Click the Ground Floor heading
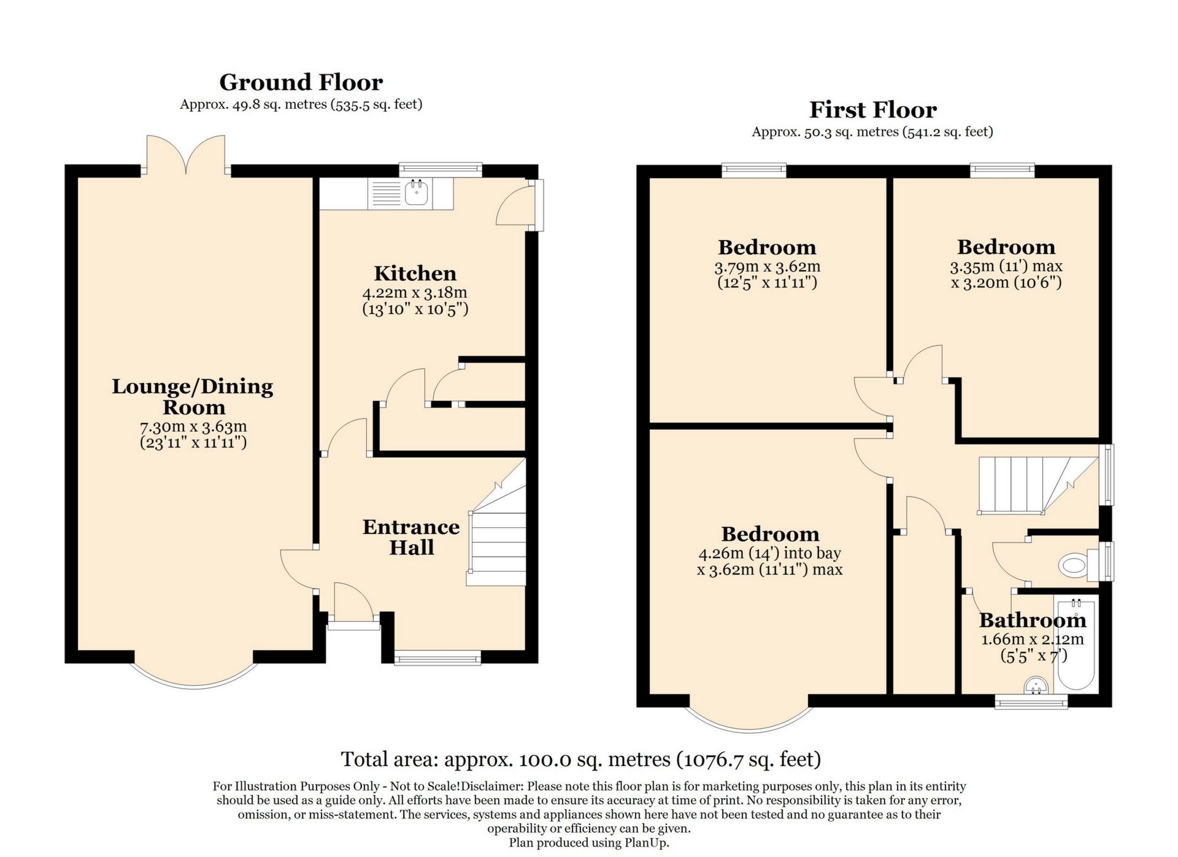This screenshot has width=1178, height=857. (x=301, y=82)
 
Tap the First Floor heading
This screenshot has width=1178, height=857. (x=872, y=110)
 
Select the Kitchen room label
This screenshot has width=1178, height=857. (x=415, y=273)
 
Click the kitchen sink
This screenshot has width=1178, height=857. (x=417, y=193)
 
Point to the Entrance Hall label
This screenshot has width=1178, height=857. (x=411, y=537)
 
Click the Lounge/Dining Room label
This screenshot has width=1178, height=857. (x=193, y=397)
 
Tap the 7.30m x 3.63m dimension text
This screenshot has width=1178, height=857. (x=193, y=426)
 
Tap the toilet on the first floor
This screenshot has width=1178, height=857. (x=1075, y=564)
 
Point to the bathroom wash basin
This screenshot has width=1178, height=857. (x=1036, y=685)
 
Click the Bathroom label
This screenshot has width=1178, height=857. (x=1032, y=620)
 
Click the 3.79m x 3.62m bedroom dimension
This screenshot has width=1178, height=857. (x=767, y=267)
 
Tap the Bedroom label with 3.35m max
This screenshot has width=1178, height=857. (x=1006, y=247)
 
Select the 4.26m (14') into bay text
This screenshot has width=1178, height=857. (x=769, y=553)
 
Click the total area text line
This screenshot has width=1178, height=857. (x=580, y=759)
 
